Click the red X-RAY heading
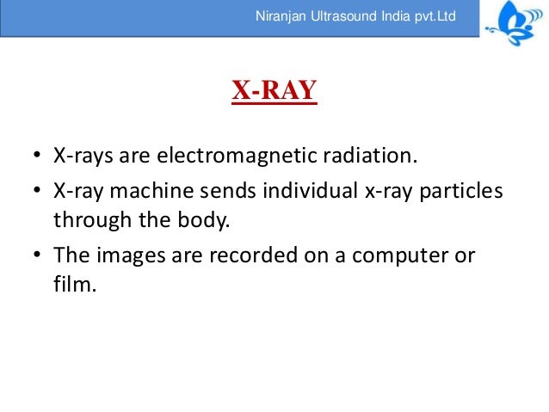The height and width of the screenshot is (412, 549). pyautogui.click(x=274, y=90)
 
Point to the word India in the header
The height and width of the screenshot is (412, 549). pyautogui.click(x=396, y=16)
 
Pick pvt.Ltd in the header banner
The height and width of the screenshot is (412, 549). pyautogui.click(x=435, y=16)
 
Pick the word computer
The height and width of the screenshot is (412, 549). pyautogui.click(x=392, y=256)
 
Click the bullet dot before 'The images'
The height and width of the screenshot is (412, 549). pyautogui.click(x=37, y=256)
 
